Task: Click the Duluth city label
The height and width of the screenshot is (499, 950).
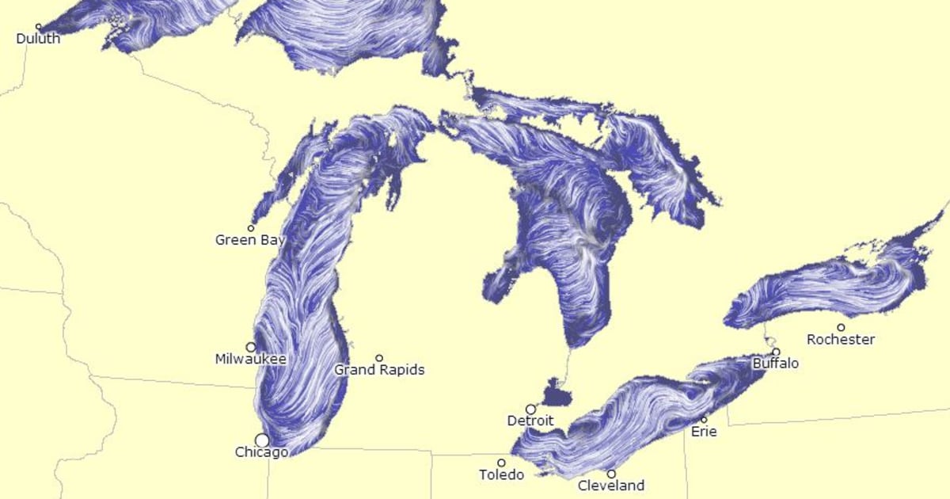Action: [x=38, y=38]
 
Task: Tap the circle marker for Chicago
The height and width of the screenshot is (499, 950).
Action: [x=261, y=440]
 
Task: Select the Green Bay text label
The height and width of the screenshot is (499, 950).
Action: [x=246, y=239]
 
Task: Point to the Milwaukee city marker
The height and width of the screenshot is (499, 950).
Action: [x=251, y=347]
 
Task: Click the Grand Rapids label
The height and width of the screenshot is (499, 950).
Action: [x=379, y=370]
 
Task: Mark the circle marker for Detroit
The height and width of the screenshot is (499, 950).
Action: [x=530, y=409]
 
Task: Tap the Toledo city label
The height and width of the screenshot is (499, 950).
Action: [x=501, y=475]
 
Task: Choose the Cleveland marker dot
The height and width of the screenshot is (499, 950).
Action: [x=611, y=474]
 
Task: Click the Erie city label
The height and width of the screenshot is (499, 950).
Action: [x=704, y=432]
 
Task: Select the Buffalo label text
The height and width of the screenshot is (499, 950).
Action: [x=775, y=364]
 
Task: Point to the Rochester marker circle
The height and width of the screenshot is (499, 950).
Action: [x=841, y=327]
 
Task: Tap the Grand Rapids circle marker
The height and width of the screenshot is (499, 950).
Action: [x=379, y=358]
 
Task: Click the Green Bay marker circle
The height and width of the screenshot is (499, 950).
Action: [x=251, y=228]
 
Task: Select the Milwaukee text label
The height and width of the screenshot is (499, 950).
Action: [x=250, y=359]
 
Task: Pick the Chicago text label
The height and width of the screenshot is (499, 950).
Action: [x=261, y=452]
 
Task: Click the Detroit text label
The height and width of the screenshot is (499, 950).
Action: [x=530, y=421]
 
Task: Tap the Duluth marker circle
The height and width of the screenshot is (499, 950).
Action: [x=38, y=27]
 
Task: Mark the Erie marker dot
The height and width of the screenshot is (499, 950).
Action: [x=704, y=420]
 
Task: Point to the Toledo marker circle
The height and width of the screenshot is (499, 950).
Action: [x=501, y=463]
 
